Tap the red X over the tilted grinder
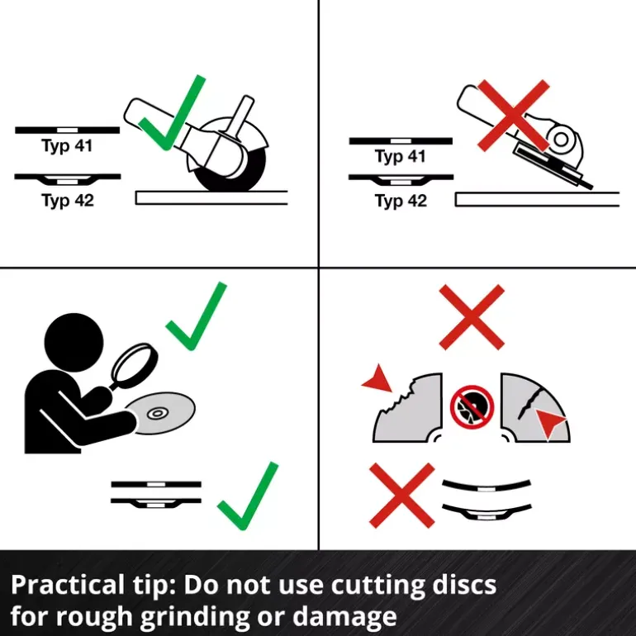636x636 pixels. pyautogui.click(x=514, y=116)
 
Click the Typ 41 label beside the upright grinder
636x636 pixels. pyautogui.click(x=67, y=145)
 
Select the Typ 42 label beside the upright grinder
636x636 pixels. pyautogui.click(x=68, y=201)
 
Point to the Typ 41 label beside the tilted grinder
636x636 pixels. pyautogui.click(x=401, y=156)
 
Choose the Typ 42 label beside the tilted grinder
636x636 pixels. pyautogui.click(x=401, y=201)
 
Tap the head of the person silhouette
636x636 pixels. pyautogui.click(x=74, y=342)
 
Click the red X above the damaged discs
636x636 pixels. pyautogui.click(x=472, y=317)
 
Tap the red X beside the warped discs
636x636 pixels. pyautogui.click(x=402, y=496)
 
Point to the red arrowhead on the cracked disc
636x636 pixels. pyautogui.click(x=549, y=422)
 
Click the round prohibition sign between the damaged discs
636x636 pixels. pyautogui.click(x=472, y=407)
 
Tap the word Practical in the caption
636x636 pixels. pyautogui.click(x=67, y=585)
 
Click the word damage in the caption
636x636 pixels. pyautogui.click(x=344, y=616)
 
